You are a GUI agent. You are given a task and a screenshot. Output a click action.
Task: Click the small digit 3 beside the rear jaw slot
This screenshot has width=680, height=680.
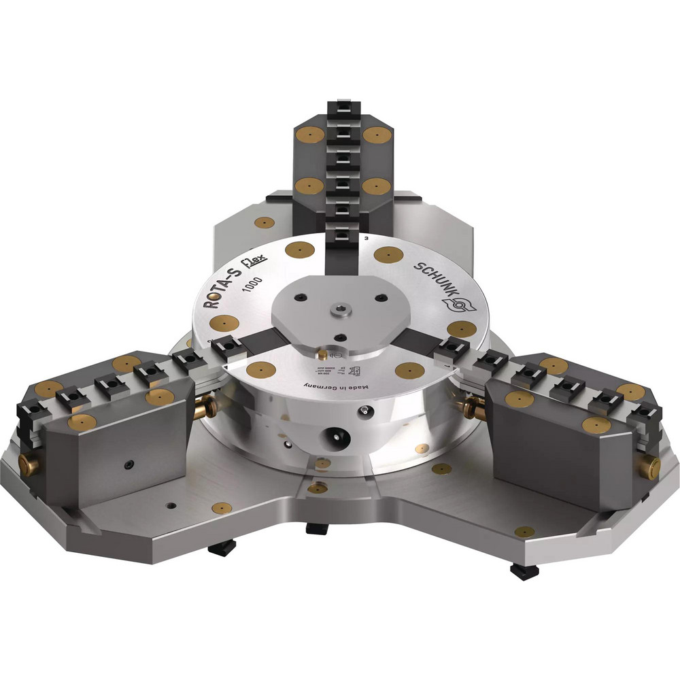coord(367,239)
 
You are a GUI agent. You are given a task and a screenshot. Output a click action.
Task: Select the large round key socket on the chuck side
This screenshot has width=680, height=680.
coord(335,433)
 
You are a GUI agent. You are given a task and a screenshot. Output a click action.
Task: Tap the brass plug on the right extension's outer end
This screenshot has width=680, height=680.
coord(651,466)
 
